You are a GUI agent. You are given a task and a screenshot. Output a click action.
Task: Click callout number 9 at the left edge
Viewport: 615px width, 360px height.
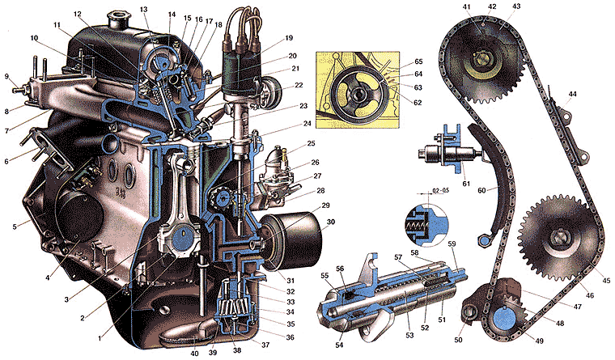pos(7,77)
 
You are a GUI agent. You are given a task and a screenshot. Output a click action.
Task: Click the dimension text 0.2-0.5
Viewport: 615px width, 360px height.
pos(430,193)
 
